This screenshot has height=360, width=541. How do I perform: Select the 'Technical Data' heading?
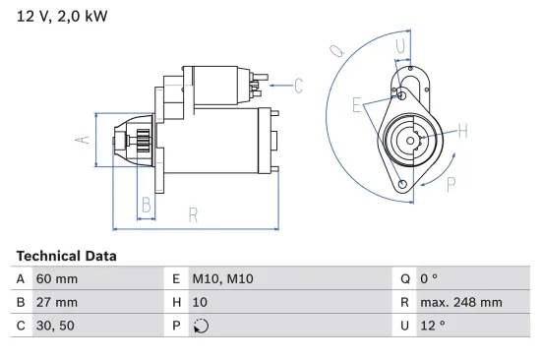[66, 256]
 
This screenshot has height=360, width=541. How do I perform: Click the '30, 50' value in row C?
[55, 327]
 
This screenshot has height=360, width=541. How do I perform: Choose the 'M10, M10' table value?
[222, 279]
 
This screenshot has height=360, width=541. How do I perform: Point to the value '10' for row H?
[200, 303]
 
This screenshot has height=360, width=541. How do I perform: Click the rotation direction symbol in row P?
[202, 327]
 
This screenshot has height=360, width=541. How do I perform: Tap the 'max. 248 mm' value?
[460, 303]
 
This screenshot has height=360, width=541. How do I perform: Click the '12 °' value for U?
[432, 327]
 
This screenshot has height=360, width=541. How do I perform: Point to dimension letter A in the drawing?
[84, 140]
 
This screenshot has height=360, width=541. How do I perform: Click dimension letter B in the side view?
[146, 205]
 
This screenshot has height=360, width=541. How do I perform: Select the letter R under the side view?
[194, 213]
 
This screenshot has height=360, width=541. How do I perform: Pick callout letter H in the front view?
[461, 131]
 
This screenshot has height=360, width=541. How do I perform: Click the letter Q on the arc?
[335, 49]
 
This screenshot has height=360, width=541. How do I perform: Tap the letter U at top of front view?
[400, 45]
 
